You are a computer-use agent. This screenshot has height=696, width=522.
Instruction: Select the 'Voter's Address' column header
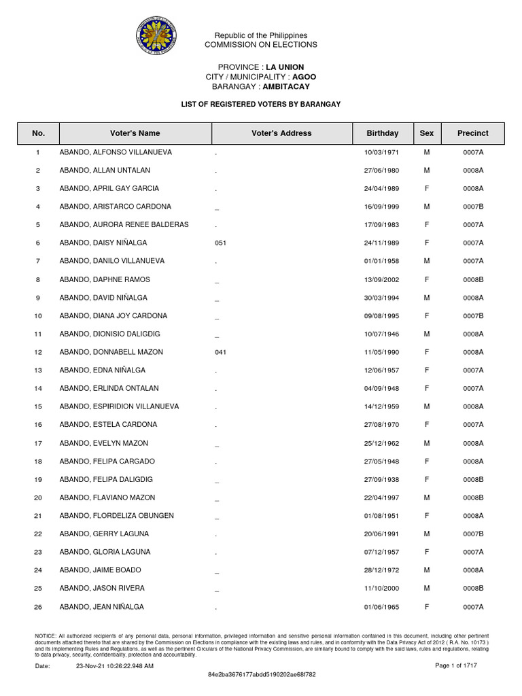tap(281, 134)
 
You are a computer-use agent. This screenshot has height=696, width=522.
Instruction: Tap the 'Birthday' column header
tap(383, 134)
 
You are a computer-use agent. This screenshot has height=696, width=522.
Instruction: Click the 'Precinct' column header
tap(473, 134)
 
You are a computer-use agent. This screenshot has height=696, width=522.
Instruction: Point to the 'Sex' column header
tap(427, 134)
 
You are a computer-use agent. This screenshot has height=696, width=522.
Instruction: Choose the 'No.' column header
tap(38, 134)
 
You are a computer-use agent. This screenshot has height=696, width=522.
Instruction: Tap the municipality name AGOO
tap(304, 77)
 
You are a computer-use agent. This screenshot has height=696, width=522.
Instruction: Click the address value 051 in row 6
tap(220, 243)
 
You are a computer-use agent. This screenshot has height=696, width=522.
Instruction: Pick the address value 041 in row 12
tap(220, 352)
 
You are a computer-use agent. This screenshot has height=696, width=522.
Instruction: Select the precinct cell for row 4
tap(473, 207)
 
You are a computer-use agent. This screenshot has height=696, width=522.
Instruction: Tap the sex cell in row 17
tap(427, 443)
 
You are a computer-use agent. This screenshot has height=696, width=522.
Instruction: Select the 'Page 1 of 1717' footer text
tap(456, 666)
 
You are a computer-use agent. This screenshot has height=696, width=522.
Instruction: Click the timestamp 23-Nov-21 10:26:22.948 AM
tap(115, 666)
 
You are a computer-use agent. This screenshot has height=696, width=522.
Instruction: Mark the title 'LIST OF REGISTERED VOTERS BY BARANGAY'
tap(260, 104)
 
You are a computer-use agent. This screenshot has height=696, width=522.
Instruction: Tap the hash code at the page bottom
tap(261, 675)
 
